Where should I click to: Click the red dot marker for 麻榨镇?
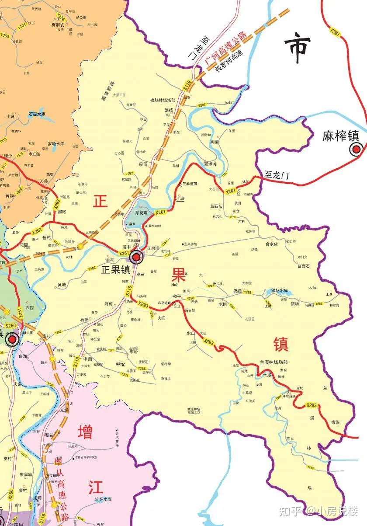click(356, 150)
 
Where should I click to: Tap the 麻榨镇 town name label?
click(340, 136)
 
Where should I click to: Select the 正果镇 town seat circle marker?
click(136, 258)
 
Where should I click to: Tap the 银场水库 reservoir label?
click(281, 290)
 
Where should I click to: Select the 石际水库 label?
click(37, 114)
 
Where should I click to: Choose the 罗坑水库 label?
click(56, 143)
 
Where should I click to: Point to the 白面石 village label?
click(303, 266)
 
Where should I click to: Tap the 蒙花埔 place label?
click(141, 212)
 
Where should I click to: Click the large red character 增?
click(85, 432)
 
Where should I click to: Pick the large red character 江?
click(96, 486)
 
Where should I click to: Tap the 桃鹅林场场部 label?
click(163, 100)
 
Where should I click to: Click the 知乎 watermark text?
click(291, 510)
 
